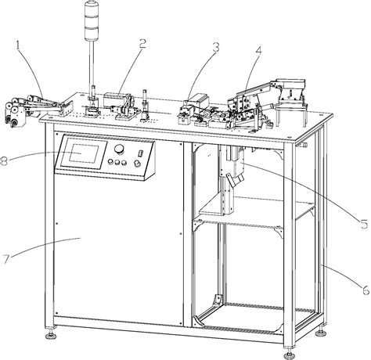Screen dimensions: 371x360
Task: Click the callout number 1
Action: [x=18, y=45]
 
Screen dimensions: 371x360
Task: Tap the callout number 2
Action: [x=142, y=44]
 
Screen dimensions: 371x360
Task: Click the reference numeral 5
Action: [x=364, y=224]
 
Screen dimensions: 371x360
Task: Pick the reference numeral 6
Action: [x=366, y=290]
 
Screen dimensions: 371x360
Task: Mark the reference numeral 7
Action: [x=6, y=259]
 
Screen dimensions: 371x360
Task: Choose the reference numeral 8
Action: [x=3, y=161]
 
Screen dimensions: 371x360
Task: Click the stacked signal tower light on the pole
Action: [x=91, y=20]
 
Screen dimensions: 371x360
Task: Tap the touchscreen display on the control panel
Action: [x=84, y=154]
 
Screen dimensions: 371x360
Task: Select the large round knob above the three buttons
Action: [x=120, y=149]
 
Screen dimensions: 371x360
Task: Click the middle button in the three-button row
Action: [x=117, y=163]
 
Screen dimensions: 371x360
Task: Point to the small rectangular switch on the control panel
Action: [x=141, y=153]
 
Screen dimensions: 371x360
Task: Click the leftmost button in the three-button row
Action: [x=111, y=162]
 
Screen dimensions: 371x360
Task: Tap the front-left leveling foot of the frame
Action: [x=51, y=334]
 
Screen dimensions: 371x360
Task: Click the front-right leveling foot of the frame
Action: [x=290, y=355]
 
